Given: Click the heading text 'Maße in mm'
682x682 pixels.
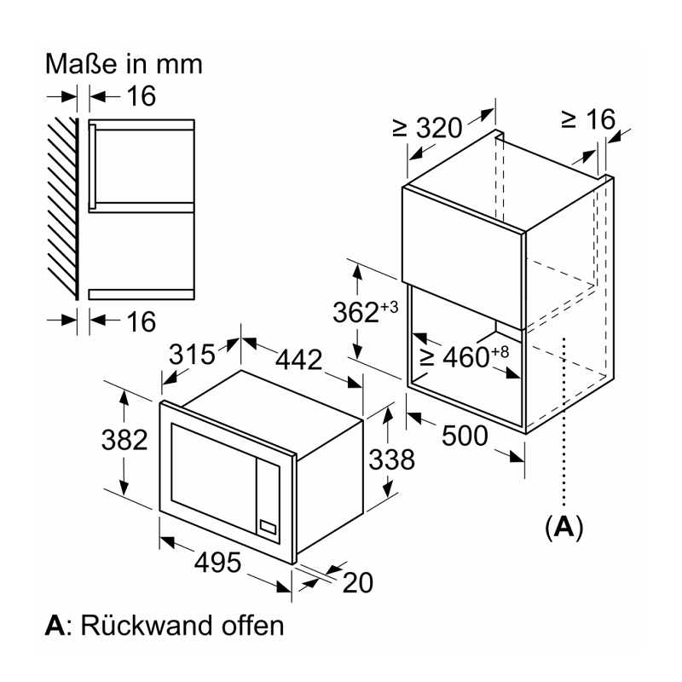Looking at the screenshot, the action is point(124,64).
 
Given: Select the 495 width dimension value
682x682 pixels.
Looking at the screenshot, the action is point(217,563).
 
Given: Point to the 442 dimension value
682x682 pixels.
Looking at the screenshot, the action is point(299,360).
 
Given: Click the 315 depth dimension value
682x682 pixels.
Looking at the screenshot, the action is point(192,354).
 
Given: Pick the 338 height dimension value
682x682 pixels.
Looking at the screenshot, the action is point(391,459).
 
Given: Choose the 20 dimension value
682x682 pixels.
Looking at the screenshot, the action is point(357,582).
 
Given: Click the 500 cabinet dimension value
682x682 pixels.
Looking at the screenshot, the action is point(465,436).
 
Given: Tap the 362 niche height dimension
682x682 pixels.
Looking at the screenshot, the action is point(366,312).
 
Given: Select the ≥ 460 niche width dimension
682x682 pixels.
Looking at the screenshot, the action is point(464,357).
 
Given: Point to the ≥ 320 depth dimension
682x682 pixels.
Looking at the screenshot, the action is point(427,128).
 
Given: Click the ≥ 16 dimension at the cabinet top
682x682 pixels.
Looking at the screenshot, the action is point(588,118).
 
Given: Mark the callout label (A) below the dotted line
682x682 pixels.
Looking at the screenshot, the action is point(564,527).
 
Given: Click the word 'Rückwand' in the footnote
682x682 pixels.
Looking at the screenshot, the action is point(147,626).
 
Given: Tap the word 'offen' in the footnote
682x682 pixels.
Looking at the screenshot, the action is point(252,626).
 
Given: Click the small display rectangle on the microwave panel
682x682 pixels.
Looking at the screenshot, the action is point(268,528).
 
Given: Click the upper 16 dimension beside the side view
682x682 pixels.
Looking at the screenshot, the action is point(142,96).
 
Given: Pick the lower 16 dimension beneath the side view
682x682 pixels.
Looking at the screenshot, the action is point(142,322).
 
